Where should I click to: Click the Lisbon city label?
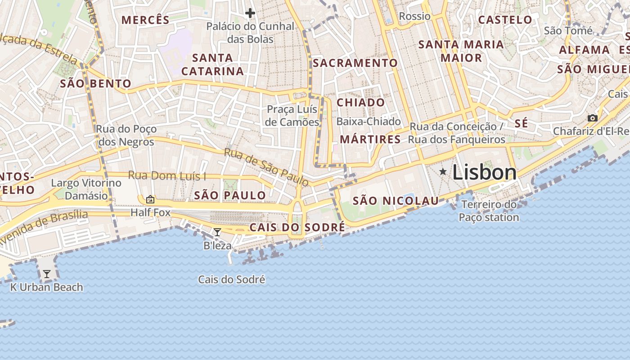pos(484,172)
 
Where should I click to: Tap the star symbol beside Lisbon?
pos(443,171)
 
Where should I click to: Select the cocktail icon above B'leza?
pos(217,232)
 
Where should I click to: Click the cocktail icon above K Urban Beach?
pos(46,274)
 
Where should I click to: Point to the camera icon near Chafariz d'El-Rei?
pos(593,118)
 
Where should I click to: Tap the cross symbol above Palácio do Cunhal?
pos(250,13)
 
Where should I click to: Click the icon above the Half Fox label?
pos(150,199)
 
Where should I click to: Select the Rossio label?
pos(414,16)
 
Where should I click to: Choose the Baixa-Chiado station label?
pos(369,121)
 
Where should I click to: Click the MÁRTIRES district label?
pos(370,139)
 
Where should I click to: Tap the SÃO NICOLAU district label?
pos(396,201)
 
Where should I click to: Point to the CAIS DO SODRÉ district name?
pos(297,227)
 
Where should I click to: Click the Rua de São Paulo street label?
pos(266,167)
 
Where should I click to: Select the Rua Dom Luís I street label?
pos(167,175)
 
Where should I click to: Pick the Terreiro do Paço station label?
pos(489,211)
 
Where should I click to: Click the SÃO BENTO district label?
pos(95,84)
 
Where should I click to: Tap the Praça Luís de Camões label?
pos(292,116)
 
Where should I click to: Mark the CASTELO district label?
pos(505,20)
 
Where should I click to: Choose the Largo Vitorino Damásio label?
pos(86,189)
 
